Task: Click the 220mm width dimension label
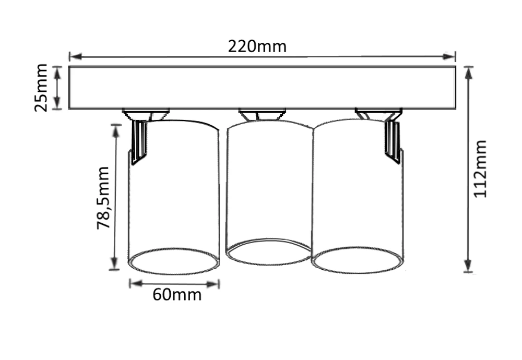(257, 46)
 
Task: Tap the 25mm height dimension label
(41, 88)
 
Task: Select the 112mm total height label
(480, 169)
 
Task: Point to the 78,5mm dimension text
(103, 198)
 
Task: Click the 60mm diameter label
(177, 295)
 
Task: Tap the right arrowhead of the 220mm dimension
(448, 56)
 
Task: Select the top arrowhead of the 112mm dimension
(469, 73)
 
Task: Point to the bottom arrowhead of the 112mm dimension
(468, 266)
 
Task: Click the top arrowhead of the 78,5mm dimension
(116, 131)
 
